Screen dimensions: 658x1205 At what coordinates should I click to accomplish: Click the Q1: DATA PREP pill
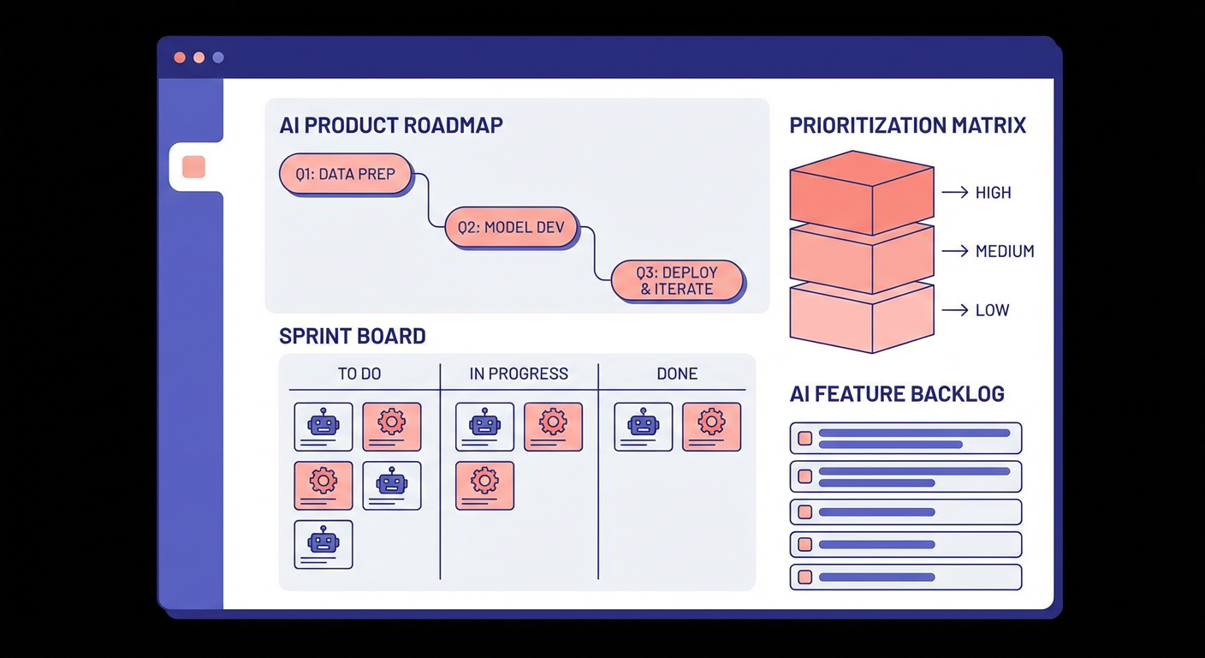(345, 174)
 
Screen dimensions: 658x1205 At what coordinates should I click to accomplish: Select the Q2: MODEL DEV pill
(511, 228)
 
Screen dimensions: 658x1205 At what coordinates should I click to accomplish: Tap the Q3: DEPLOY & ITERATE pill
(676, 280)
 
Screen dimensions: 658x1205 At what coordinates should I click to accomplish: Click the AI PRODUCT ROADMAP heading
(391, 125)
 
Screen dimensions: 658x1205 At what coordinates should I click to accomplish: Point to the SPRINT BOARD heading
(353, 336)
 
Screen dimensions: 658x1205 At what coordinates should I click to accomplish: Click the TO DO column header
(359, 374)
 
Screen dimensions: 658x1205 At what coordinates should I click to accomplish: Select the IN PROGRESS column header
(519, 374)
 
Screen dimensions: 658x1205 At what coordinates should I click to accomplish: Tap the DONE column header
(677, 374)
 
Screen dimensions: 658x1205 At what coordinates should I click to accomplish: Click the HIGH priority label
(993, 193)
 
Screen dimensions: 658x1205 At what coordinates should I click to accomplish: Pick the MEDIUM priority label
(1005, 251)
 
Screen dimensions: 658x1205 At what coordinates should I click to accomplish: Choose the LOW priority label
(992, 310)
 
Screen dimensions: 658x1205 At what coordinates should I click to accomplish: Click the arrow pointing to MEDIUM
(954, 251)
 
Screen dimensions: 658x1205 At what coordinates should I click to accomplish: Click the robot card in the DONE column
(644, 427)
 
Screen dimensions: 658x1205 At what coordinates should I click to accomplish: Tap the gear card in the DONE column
(711, 427)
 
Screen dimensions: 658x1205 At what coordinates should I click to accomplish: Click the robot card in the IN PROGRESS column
(484, 427)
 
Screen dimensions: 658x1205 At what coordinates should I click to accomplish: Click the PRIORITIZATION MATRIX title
(907, 125)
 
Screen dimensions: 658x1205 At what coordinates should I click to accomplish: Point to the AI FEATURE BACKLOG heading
(897, 394)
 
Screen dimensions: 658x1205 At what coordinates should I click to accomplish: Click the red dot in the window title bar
(180, 57)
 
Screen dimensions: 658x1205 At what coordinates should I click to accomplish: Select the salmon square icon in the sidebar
(194, 167)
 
